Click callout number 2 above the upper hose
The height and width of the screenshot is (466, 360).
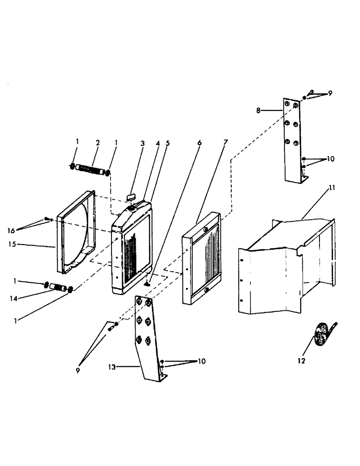(x=98, y=142)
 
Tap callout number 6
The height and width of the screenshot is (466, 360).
(x=200, y=144)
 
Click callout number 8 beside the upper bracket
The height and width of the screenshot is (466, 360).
(x=258, y=110)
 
